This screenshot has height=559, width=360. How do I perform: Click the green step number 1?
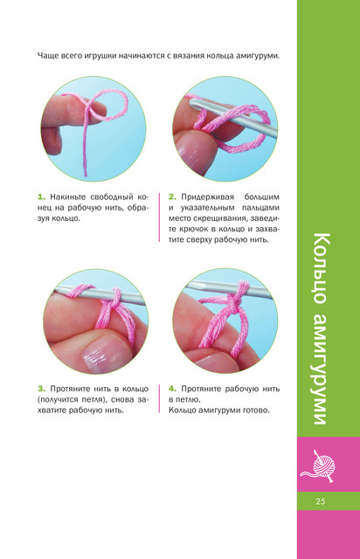pyautogui.click(x=41, y=197)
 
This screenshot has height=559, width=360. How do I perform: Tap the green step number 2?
pyautogui.click(x=173, y=197)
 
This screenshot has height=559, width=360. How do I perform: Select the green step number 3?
pyautogui.click(x=41, y=389)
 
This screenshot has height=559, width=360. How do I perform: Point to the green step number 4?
pyautogui.click(x=173, y=389)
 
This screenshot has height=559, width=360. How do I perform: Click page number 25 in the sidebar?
pyautogui.click(x=321, y=501)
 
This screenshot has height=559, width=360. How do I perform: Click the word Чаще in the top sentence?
pyautogui.click(x=47, y=56)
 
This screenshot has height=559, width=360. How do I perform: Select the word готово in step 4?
pyautogui.click(x=256, y=411)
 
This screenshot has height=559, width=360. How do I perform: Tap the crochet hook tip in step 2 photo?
pyautogui.click(x=191, y=103)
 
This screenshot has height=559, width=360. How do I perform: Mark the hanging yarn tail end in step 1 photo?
pyautogui.click(x=86, y=175)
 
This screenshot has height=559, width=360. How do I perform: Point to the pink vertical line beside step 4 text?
pyautogui.click(x=159, y=398)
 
